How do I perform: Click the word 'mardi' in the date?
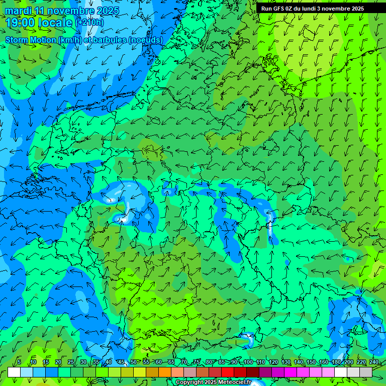[18, 11]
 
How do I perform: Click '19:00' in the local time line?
[20, 23]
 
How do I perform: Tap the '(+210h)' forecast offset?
[89, 23]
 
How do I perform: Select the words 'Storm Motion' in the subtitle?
[30, 40]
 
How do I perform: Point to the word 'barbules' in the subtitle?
[108, 40]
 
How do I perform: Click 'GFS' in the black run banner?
[282, 9]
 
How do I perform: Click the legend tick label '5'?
[19, 362]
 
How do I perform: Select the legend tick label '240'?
[373, 362]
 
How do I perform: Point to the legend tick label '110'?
[260, 362]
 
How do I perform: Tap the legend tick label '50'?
[133, 362]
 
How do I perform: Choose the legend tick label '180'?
[336, 362]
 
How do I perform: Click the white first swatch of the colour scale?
[14, 372]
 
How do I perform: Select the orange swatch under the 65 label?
[165, 372]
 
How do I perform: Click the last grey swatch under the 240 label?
[366, 372]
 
